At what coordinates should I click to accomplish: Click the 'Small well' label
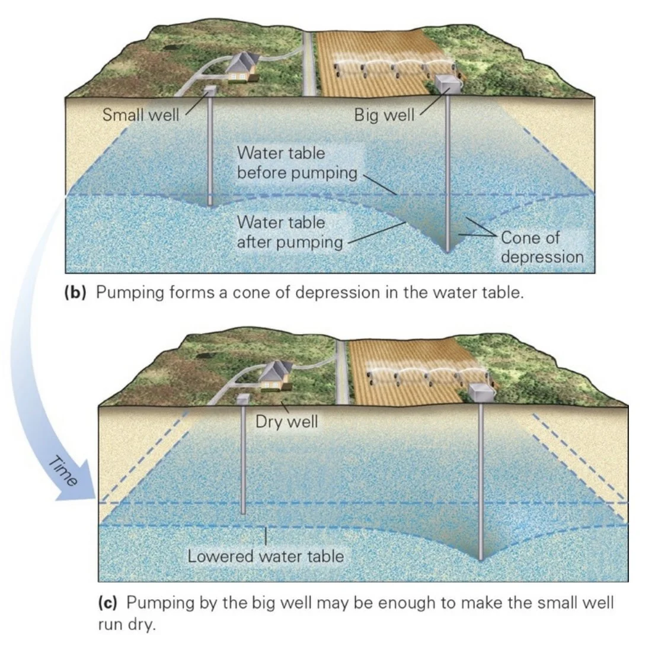point(140,114)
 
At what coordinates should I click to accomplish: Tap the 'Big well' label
point(384,115)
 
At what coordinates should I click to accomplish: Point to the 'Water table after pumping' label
point(290,232)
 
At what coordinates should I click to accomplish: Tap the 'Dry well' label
point(286,422)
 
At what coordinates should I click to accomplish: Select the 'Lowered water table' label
point(266,556)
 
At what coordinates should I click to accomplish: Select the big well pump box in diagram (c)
point(481,391)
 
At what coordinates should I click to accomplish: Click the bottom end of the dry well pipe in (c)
point(243,512)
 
